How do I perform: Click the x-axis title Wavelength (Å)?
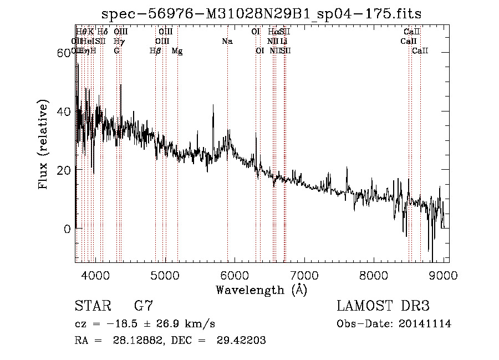point(261,290)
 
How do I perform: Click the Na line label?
point(227,42)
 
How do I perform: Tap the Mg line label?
point(177,51)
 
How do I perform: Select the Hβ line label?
point(155,51)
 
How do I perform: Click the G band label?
point(116,51)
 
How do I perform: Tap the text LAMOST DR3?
point(383,306)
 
